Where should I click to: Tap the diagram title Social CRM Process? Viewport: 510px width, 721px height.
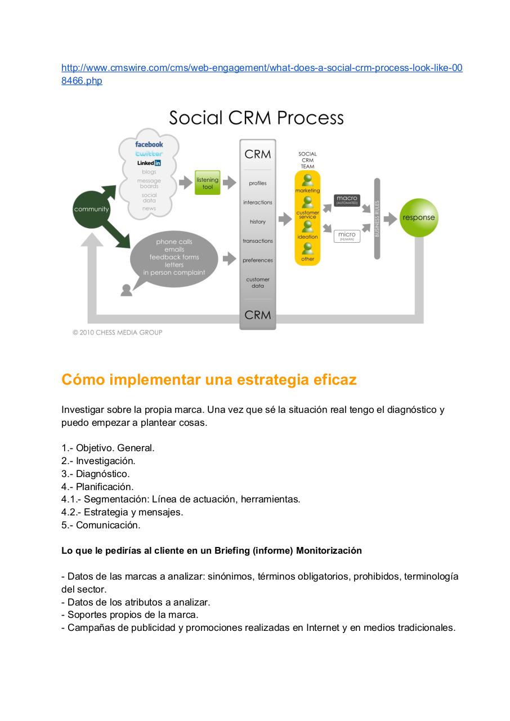256,118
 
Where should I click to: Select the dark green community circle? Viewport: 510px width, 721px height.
91,210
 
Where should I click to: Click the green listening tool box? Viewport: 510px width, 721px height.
207,183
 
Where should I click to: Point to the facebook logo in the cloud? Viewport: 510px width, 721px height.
149,144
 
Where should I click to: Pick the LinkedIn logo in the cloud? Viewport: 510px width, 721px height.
149,163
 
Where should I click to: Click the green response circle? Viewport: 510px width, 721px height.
418,217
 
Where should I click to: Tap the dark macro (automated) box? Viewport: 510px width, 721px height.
347,200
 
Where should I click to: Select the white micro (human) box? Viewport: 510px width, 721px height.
347,236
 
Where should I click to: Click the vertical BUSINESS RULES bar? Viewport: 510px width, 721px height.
377,219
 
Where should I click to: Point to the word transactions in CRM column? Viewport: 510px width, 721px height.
258,241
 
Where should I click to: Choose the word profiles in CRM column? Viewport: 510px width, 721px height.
258,183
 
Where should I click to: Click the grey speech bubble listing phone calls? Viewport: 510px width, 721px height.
174,257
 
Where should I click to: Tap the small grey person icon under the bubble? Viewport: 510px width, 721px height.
127,290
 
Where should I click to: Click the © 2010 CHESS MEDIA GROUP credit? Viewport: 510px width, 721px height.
118,332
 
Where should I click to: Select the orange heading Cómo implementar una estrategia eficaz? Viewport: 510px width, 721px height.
209,380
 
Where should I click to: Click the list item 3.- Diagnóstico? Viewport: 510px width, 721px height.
96,474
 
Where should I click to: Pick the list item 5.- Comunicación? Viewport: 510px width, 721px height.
101,525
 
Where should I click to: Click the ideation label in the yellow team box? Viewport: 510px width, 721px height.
307,237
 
